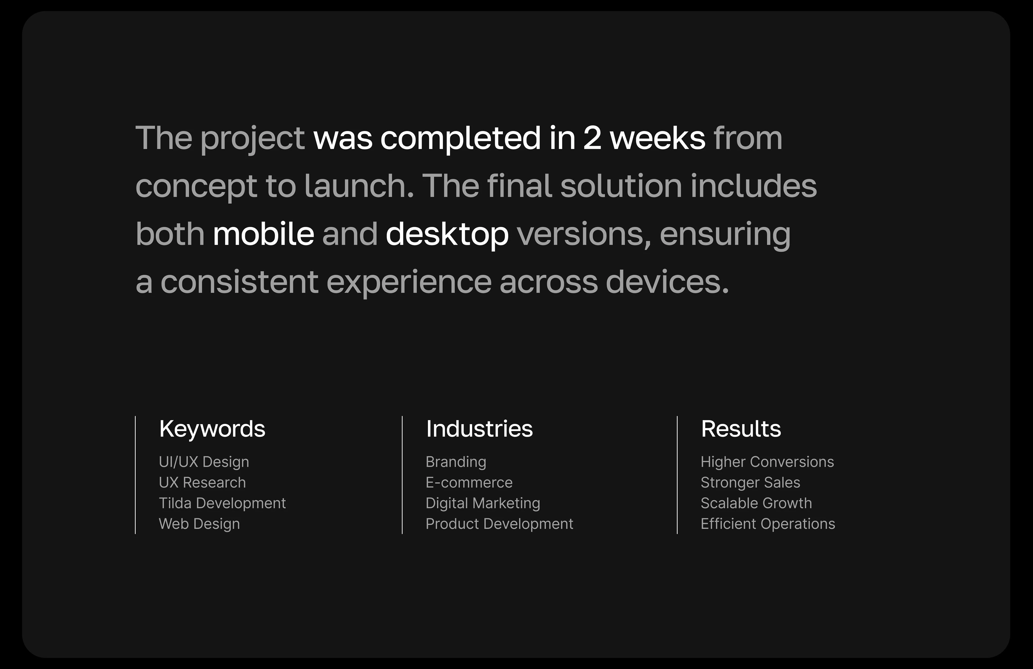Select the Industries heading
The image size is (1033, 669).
[479, 429]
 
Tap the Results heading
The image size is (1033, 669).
[741, 429]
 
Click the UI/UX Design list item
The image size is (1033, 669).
[204, 462]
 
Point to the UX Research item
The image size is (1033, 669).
[202, 482]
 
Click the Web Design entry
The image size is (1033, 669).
[199, 524]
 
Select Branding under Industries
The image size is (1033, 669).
[456, 462]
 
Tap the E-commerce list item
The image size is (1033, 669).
[469, 482]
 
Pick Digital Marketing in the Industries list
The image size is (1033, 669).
[483, 503]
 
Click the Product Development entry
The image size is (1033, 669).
[499, 524]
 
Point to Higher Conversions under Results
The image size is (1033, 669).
[767, 462]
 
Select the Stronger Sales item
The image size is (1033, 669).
[750, 482]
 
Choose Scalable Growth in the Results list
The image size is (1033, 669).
[756, 503]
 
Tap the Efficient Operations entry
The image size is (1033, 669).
[767, 524]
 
